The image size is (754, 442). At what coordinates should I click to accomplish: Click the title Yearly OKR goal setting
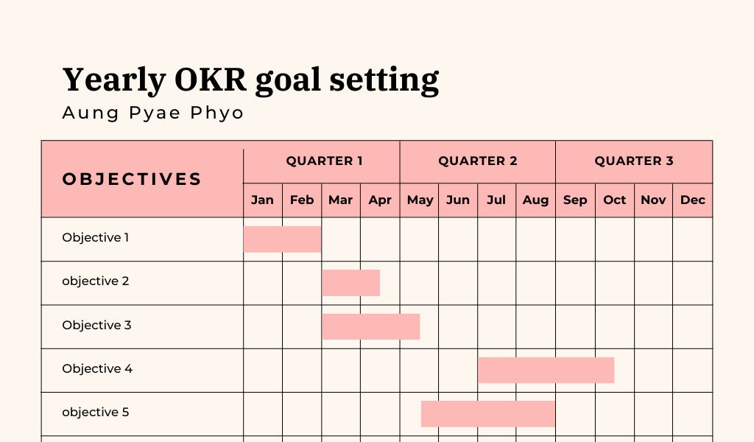pos(250,80)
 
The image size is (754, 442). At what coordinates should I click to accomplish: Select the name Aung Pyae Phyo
pos(152,113)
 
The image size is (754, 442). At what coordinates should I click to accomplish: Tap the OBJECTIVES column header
pos(132,179)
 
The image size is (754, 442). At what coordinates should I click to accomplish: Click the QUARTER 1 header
pos(324,161)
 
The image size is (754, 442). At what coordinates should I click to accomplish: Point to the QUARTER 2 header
pos(477,161)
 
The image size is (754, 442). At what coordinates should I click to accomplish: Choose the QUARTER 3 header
pos(633,161)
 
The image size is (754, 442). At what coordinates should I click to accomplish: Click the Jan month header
pos(262,200)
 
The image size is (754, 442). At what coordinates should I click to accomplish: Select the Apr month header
pos(380,200)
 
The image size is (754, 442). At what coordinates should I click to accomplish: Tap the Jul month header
pos(496,200)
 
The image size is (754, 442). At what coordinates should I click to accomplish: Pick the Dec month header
pos(692,200)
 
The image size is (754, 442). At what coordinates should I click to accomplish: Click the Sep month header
pos(575,200)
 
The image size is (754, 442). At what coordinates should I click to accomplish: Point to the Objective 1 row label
pos(96,238)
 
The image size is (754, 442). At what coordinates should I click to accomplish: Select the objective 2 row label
pos(96,281)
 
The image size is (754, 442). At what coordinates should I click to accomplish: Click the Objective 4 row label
pos(97,369)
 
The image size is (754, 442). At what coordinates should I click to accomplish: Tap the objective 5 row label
pos(96,413)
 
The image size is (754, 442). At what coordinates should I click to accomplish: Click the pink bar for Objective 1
pos(282,239)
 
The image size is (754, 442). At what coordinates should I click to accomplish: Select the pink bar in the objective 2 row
pos(351,283)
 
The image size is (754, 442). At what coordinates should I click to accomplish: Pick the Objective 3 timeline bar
pos(371,326)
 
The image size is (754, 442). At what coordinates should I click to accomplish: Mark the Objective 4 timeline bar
pos(546,370)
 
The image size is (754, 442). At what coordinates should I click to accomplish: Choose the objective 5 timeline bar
pos(487,414)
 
